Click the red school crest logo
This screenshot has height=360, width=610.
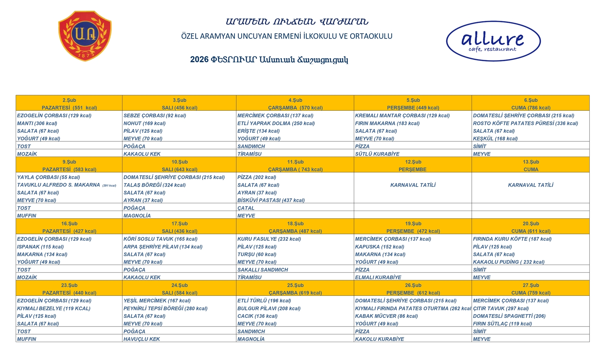85,36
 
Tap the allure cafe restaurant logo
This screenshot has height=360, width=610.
493,41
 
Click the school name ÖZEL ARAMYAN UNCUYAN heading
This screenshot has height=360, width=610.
287,36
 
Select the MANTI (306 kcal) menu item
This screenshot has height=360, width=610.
37,123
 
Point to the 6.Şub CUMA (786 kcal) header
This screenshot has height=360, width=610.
531,104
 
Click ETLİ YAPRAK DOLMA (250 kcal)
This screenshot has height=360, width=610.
276,123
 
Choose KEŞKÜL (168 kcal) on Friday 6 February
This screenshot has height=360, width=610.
495,138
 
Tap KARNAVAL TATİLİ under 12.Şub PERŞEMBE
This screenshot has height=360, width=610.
413,185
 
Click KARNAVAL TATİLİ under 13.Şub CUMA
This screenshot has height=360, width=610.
531,185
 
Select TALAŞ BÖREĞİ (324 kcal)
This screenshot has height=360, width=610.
155,185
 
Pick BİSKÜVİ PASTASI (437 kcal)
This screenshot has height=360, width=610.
271,200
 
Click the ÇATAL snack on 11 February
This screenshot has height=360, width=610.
246,208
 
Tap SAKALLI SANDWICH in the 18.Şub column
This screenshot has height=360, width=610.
263,270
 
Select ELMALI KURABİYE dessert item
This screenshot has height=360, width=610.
378,277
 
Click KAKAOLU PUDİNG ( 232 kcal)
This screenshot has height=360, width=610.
509,262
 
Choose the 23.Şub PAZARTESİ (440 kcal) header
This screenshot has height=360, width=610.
69,289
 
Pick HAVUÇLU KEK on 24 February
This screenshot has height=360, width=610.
141,339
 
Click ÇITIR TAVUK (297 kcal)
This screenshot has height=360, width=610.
501,308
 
